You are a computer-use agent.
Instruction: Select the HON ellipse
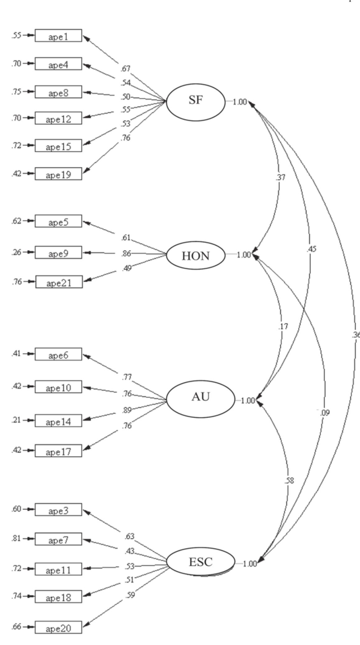[196, 256]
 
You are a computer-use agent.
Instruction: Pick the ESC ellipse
[201, 562]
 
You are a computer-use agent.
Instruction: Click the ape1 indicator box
[58, 36]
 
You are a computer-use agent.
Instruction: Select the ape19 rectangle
[58, 174]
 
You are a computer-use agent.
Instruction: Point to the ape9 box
[58, 253]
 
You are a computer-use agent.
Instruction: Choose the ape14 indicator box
[58, 421]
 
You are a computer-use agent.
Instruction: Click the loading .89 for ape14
[127, 411]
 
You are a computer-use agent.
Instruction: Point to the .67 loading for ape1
[127, 68]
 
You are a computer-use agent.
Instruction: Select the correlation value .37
[280, 177]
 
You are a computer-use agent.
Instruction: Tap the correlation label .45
[311, 249]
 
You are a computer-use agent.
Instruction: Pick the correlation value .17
[283, 327]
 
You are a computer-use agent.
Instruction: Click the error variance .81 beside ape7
[16, 538]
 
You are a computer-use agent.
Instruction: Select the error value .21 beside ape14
[16, 420]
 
